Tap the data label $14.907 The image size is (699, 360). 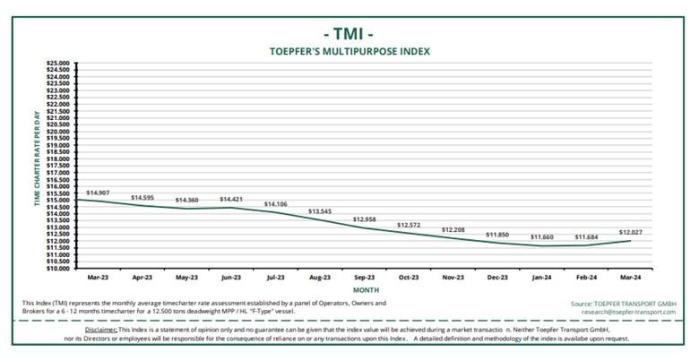tap(99, 193)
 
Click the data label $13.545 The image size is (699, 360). tap(320, 211)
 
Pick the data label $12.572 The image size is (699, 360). tap(409, 225)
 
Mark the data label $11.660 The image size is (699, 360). tap(541, 236)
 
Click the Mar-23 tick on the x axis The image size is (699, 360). tap(98, 277)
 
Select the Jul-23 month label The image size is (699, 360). tap(275, 277)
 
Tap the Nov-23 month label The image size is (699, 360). tap(453, 277)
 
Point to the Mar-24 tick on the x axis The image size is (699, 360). tap(630, 277)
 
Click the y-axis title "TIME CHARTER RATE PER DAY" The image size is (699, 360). tap(38, 165)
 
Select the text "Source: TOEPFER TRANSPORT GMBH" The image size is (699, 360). tap(617, 304)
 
